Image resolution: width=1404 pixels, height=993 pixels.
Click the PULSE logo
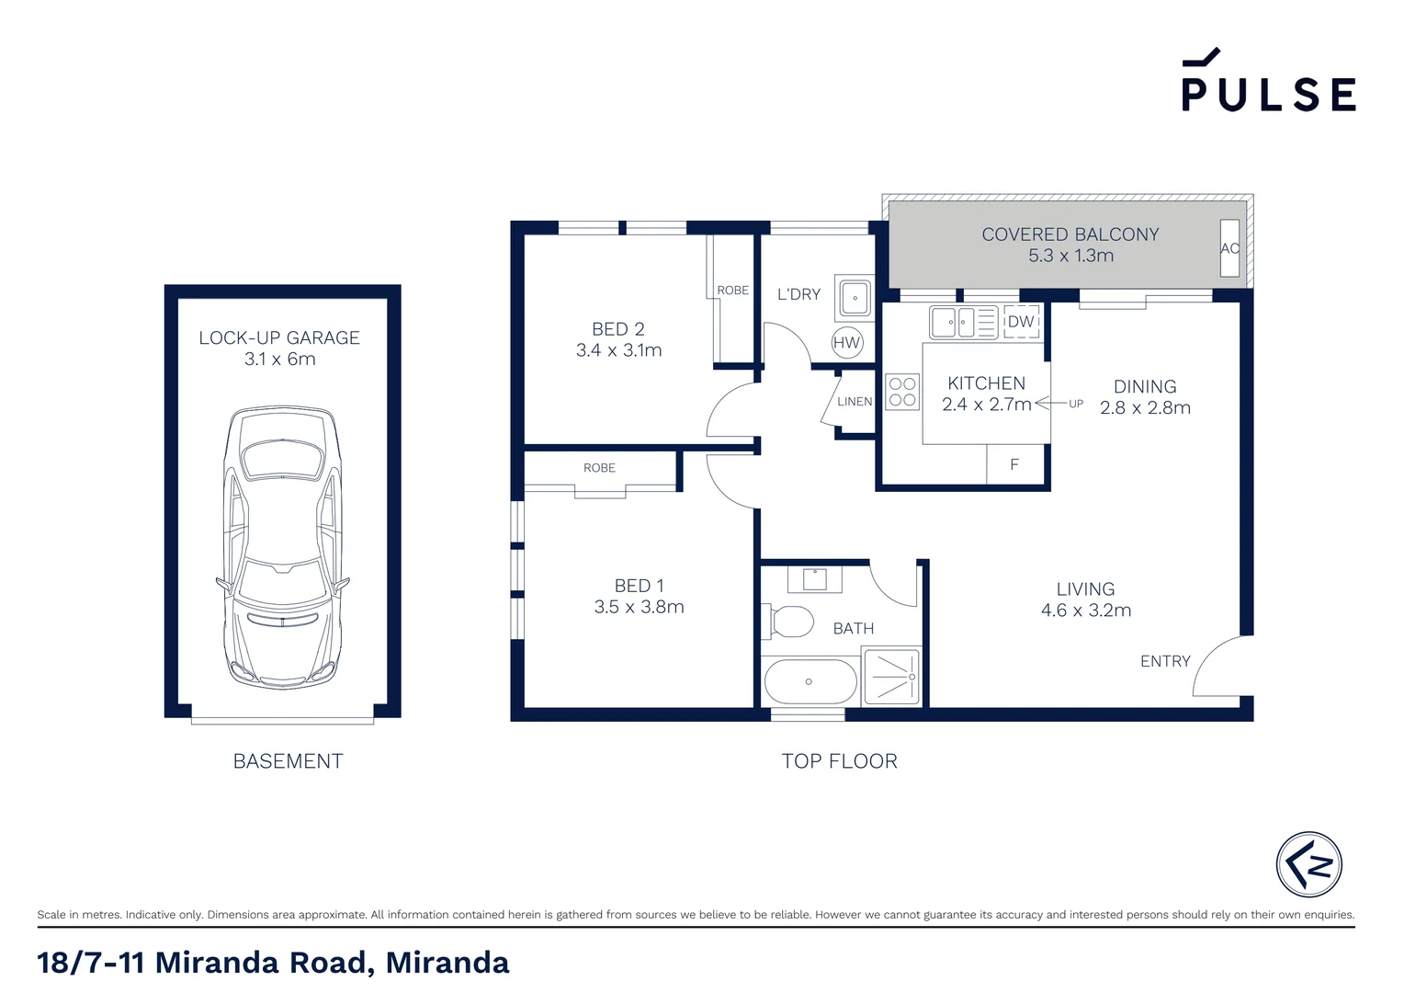click(1268, 83)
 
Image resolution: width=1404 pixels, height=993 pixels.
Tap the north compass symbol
click(1308, 864)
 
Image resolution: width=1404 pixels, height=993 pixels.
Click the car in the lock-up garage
click(282, 547)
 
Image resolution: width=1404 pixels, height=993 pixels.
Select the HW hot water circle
click(846, 343)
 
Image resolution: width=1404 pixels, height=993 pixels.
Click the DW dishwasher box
click(1021, 322)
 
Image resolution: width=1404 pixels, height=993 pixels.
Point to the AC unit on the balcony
click(1229, 248)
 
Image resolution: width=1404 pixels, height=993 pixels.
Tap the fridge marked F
click(1014, 464)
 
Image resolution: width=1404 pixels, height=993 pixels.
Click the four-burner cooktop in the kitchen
click(902, 392)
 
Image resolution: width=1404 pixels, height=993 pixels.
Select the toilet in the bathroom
click(789, 622)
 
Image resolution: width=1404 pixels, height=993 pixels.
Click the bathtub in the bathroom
click(810, 681)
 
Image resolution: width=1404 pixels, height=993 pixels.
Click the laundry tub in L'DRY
click(855, 297)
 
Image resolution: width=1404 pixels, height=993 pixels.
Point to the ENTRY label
click(1164, 661)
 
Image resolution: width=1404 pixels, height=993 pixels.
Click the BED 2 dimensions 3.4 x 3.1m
click(618, 350)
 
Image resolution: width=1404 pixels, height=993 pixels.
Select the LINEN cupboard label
click(855, 402)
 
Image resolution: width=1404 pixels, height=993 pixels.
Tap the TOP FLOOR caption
click(839, 761)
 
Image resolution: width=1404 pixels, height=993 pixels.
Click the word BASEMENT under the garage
click(288, 761)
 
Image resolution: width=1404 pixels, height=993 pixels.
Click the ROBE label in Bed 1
click(599, 468)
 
